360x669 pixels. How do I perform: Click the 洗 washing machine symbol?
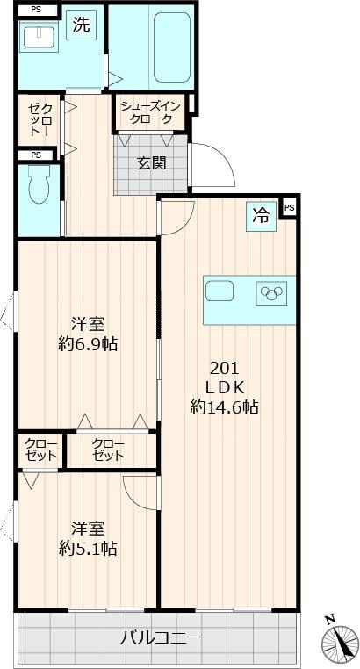click(81, 25)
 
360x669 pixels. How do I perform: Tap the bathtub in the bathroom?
click(172, 47)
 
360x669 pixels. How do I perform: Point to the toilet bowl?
click(40, 184)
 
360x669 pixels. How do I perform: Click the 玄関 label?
click(151, 163)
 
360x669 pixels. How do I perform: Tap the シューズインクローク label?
click(150, 112)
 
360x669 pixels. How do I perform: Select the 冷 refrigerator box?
click(262, 216)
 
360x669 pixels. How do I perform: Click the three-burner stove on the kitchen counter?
click(271, 293)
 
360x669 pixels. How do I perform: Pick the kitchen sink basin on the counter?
click(220, 291)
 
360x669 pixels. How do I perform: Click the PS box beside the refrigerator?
click(290, 208)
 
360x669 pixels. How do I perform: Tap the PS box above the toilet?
click(36, 155)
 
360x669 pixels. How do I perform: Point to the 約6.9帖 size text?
click(88, 344)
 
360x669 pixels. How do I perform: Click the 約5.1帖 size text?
click(88, 549)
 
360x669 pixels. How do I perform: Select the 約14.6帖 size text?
click(224, 407)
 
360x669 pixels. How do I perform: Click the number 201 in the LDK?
click(224, 367)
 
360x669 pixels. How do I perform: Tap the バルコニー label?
click(160, 638)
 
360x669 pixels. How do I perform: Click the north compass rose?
click(339, 641)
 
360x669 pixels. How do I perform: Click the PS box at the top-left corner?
click(36, 10)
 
